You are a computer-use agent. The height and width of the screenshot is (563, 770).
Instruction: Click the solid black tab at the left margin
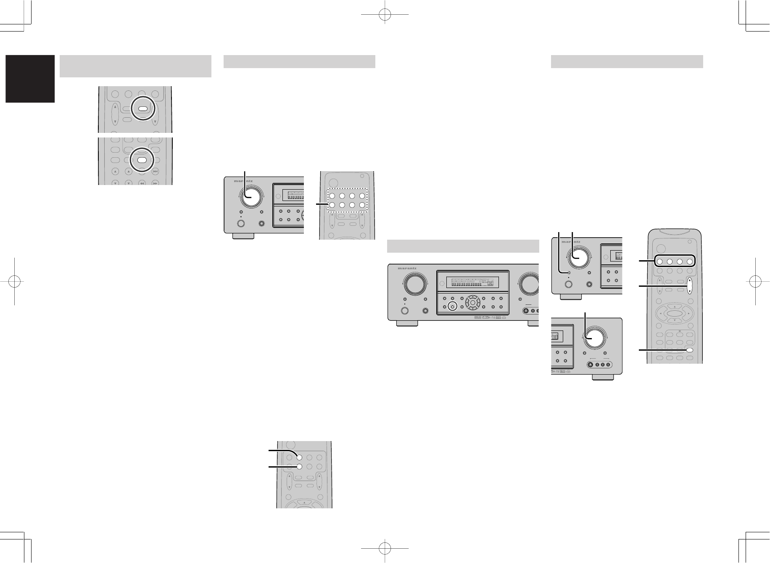30,79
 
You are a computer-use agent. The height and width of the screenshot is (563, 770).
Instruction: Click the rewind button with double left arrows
142,183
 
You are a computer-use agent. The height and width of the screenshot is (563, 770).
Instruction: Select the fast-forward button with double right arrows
156,183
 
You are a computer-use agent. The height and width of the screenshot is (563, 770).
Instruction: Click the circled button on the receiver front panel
452,306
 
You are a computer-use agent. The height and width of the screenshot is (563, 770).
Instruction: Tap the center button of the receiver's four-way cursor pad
472,302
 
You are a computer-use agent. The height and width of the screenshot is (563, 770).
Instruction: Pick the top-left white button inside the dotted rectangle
332,196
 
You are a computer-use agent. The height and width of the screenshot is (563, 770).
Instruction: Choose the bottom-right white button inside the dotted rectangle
362,206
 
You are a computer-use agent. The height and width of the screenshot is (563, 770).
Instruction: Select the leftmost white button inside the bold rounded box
659,262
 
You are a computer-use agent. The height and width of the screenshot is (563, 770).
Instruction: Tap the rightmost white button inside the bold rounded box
689,262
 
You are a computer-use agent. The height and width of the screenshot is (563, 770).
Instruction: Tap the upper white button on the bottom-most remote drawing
299,457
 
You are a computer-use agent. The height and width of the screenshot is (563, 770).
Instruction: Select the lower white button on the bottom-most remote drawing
299,466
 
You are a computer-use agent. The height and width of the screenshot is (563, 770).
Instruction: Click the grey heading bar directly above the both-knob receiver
463,246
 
